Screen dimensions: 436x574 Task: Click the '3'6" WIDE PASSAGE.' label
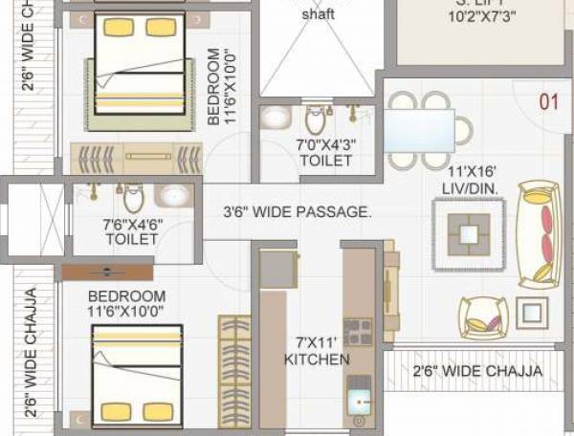click(297, 212)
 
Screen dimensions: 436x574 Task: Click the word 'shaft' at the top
click(319, 15)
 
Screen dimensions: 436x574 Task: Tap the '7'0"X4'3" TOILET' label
click(323, 153)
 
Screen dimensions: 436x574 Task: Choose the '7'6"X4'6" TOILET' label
click(132, 232)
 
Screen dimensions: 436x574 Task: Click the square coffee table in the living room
click(470, 233)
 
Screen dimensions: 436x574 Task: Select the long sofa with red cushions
click(539, 234)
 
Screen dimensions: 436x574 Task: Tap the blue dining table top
click(419, 131)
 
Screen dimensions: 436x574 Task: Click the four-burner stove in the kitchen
click(358, 332)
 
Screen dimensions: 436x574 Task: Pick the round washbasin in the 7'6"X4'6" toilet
click(174, 195)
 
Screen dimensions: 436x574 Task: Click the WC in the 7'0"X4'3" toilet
click(316, 120)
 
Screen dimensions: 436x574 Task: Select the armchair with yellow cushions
click(482, 316)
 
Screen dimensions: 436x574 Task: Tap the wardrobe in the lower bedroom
click(234, 369)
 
